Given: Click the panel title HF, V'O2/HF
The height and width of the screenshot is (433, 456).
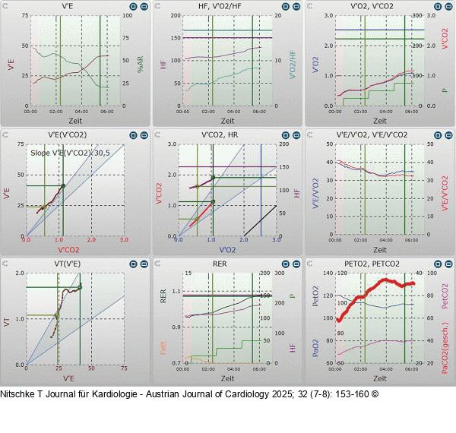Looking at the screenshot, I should (226, 7).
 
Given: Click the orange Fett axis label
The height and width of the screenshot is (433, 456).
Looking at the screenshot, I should (163, 349).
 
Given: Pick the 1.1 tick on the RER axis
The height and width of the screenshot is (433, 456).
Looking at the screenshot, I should (176, 292).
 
